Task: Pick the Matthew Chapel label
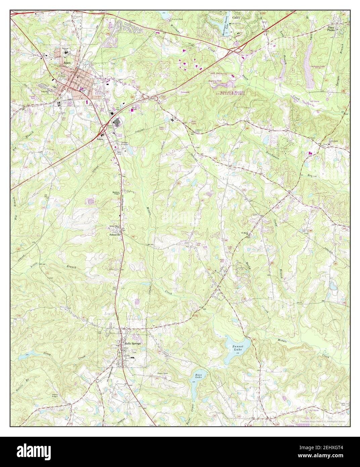tap(116, 193)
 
